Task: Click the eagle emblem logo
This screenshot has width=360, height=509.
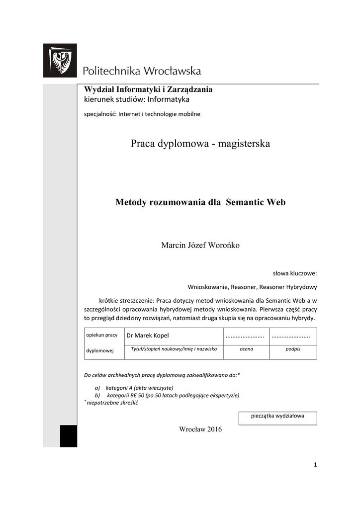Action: [x=60, y=61]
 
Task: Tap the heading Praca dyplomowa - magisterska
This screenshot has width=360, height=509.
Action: [x=200, y=144]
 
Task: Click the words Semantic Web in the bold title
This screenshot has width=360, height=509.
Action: [x=256, y=202]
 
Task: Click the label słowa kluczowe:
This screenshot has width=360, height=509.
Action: [x=295, y=273]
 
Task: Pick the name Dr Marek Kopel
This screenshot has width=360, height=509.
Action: [x=148, y=336]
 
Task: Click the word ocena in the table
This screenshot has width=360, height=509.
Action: [x=247, y=349]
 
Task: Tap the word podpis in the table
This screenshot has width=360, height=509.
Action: [x=292, y=349]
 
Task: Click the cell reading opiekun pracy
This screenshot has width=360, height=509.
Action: [x=102, y=335]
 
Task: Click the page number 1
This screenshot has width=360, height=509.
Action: [x=315, y=465]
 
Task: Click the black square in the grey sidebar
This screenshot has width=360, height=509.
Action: [x=69, y=436]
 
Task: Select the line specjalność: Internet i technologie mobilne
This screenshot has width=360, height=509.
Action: [x=142, y=114]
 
